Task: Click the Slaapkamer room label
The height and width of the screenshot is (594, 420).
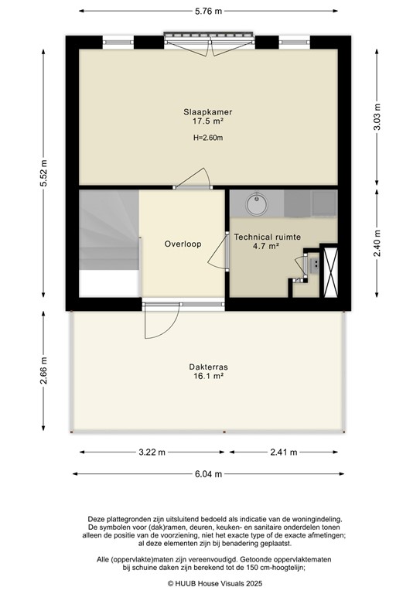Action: (x=207, y=112)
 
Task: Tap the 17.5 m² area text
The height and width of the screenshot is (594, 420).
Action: (x=207, y=122)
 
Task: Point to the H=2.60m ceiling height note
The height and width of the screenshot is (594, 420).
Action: (x=207, y=138)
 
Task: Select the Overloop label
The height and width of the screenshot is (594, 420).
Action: (x=183, y=244)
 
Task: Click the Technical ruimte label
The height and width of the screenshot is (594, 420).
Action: (x=267, y=237)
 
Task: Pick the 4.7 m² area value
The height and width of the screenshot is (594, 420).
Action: (x=267, y=247)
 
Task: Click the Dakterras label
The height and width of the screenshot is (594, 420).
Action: (x=207, y=367)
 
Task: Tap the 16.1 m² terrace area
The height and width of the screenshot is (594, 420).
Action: (x=207, y=377)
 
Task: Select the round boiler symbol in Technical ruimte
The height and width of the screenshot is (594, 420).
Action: (x=256, y=206)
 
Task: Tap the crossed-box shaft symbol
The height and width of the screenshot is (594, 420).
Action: (x=331, y=271)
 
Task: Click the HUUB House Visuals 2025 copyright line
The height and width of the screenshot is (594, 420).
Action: (x=209, y=583)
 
